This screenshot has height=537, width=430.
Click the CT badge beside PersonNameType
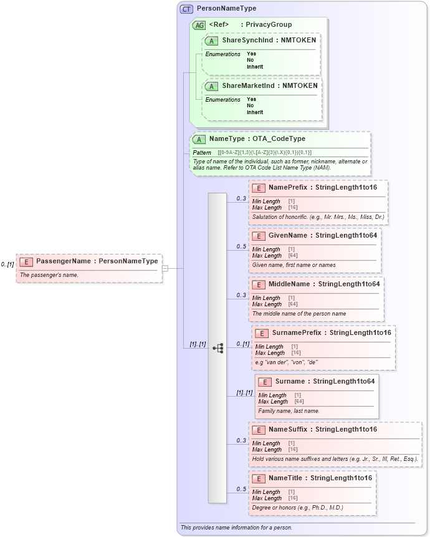coord(186,9)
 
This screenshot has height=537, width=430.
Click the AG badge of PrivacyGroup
coord(199,25)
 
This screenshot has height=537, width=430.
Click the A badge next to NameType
coord(199,139)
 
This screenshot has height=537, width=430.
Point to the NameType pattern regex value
coord(265,152)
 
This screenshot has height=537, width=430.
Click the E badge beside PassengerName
coord(26,261)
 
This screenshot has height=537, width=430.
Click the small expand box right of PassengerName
coord(165,268)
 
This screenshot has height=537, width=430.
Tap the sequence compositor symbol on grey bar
coord(217,348)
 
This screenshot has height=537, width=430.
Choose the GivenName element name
coord(288,235)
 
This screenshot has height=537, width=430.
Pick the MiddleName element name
coord(289,284)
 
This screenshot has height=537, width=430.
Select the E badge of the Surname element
coord(264,382)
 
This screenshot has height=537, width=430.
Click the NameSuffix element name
coord(289,429)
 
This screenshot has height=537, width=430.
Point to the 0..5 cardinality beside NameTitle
coord(241,489)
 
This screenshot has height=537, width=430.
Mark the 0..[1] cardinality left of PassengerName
coord(7,264)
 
